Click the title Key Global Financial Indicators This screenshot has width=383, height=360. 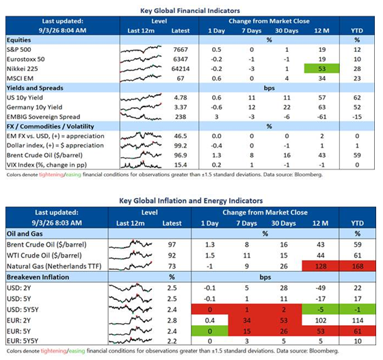[x=190, y=11]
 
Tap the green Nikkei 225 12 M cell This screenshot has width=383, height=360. [x=321, y=68]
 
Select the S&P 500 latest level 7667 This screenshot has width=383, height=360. [x=181, y=49]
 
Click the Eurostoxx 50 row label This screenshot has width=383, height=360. [x=26, y=59]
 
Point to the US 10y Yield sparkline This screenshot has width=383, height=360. [x=141, y=98]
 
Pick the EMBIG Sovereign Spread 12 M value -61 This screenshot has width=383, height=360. [x=321, y=117]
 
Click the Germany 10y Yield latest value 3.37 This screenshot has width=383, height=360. [x=181, y=107]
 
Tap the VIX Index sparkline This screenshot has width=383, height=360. [x=141, y=165]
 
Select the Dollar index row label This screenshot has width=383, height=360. [x=55, y=146]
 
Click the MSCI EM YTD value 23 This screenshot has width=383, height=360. [x=357, y=79]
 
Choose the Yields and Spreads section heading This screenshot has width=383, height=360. [x=35, y=88]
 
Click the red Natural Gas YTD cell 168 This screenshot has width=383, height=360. [x=357, y=266]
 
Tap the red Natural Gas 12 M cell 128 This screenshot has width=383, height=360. [x=321, y=266]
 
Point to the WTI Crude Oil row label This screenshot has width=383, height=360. [x=44, y=255]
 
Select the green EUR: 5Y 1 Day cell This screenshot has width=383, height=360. [x=210, y=331]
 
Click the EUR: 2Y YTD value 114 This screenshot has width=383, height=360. [x=357, y=320]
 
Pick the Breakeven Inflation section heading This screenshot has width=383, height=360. [x=38, y=277]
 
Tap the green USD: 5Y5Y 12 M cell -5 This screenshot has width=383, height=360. [x=321, y=309]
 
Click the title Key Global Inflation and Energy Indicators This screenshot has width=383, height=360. [x=191, y=201]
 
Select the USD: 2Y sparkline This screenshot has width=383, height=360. [x=131, y=288]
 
